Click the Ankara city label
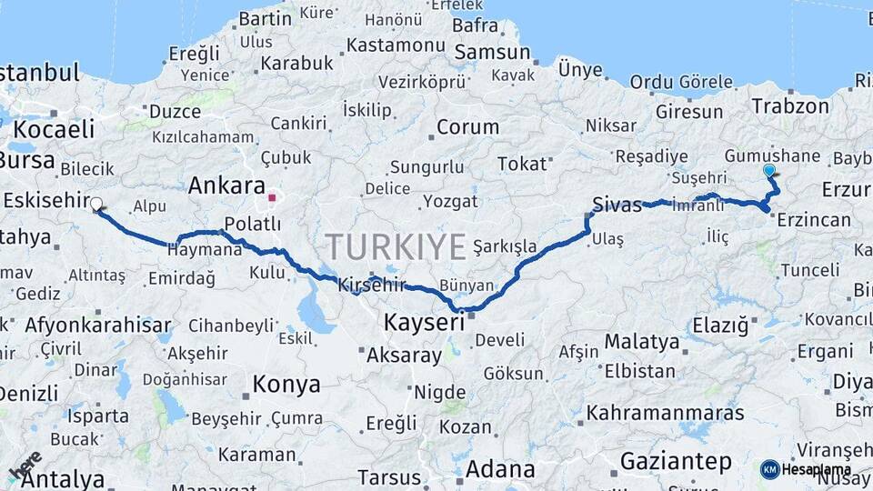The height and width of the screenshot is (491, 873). pyautogui.click(x=227, y=185)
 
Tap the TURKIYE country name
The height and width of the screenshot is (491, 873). pyautogui.click(x=396, y=245)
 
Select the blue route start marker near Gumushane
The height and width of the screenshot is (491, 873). pyautogui.click(x=770, y=170)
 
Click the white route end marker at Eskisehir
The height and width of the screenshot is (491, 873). pyautogui.click(x=95, y=205)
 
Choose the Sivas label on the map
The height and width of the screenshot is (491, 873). pyautogui.click(x=617, y=204)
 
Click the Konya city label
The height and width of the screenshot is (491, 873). pyautogui.click(x=286, y=384)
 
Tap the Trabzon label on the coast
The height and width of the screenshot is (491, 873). pyautogui.click(x=790, y=105)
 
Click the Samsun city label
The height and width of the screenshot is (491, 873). pyautogui.click(x=492, y=53)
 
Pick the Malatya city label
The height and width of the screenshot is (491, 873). pyautogui.click(x=642, y=342)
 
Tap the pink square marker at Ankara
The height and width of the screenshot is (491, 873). pyautogui.click(x=272, y=195)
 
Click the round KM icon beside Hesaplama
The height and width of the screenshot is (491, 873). pyautogui.click(x=769, y=469)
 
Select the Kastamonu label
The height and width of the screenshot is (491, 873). pyautogui.click(x=396, y=44)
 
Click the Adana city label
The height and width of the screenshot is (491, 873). pyautogui.click(x=500, y=469)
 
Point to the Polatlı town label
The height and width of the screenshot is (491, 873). pyautogui.click(x=253, y=225)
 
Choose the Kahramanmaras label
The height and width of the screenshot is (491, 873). pyautogui.click(x=666, y=413)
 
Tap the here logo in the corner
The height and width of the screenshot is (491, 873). pyautogui.click(x=25, y=465)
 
